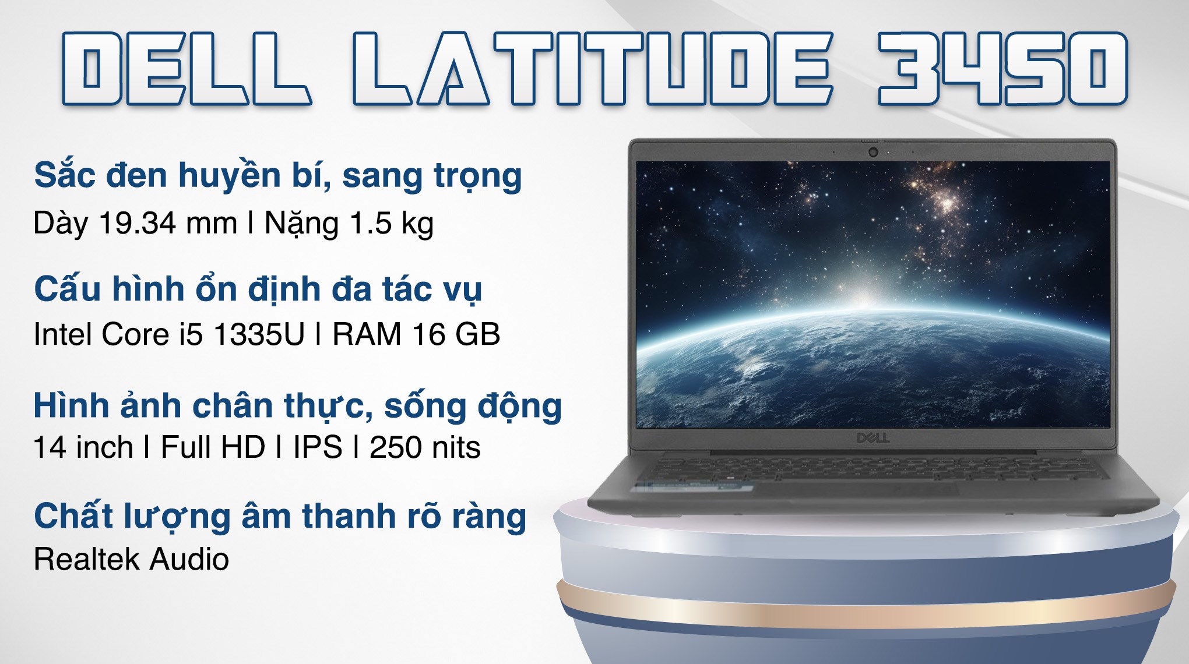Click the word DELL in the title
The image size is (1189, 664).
click(x=185, y=69)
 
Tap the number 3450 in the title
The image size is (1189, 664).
click(x=1002, y=69)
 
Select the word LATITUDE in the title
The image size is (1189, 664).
click(x=592, y=69)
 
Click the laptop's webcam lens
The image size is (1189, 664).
click(x=873, y=152)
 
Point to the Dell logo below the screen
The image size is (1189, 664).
click(x=873, y=437)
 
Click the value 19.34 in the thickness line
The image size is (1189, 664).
click(x=138, y=223)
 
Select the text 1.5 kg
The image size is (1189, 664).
click(x=391, y=223)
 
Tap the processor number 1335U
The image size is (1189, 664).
click(x=259, y=334)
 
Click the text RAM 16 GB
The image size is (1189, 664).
click(x=416, y=334)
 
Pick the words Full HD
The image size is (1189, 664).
click(x=213, y=447)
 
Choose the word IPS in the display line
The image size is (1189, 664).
click(x=317, y=447)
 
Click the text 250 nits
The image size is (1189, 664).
click(x=425, y=447)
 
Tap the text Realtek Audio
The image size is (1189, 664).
click(x=131, y=559)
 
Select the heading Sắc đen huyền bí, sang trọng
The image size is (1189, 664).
click(x=277, y=175)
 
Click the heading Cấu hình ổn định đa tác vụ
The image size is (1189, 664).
click(x=258, y=289)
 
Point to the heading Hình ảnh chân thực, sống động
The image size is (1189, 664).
click(x=297, y=405)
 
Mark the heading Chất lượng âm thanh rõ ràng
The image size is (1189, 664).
click(x=280, y=516)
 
